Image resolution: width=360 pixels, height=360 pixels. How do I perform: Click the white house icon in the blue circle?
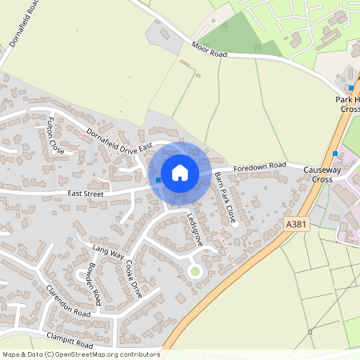(x=180, y=173)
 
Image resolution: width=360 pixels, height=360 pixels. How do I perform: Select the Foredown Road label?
(x=260, y=166)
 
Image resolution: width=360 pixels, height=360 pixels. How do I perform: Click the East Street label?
(x=86, y=194)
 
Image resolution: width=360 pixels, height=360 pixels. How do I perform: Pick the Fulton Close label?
(x=54, y=134)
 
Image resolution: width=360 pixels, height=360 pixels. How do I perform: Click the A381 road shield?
(x=295, y=226)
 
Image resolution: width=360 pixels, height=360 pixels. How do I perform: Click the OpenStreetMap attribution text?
(x=80, y=354)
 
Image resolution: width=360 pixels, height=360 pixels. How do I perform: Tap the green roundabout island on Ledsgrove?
(x=194, y=272)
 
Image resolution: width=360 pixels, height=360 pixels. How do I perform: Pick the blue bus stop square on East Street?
(x=158, y=181)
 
